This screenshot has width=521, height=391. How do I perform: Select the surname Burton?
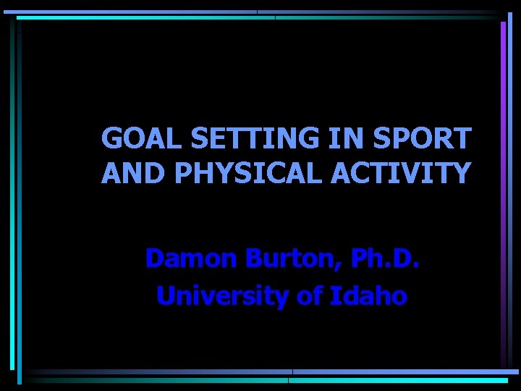[x=283, y=258]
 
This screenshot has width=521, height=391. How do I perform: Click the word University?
[x=216, y=295]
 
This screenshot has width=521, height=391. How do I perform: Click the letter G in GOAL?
[x=111, y=137]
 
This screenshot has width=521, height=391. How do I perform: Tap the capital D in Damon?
[x=154, y=258]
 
